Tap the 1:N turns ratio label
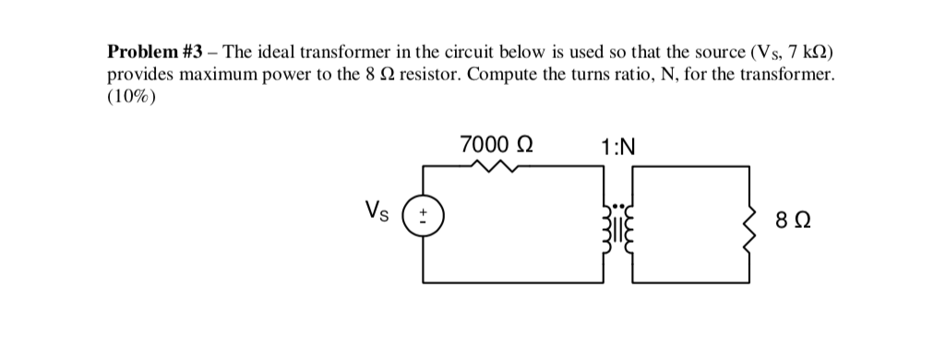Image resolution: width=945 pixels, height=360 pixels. (617, 147)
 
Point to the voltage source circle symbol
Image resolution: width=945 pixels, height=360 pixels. (425, 220)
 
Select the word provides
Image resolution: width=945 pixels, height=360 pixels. (143, 75)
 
